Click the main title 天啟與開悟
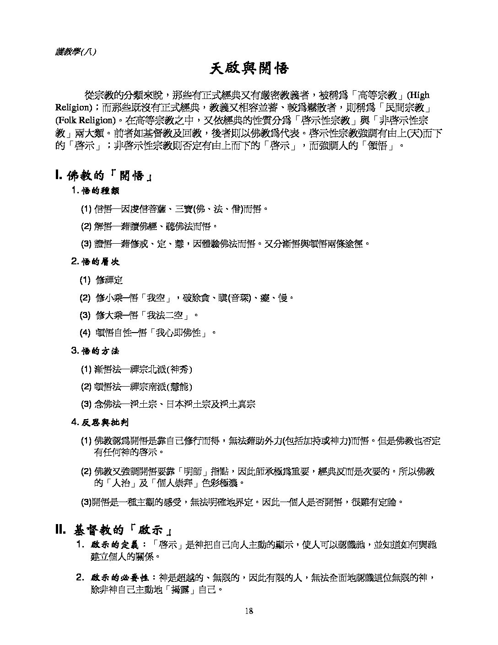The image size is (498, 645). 249,69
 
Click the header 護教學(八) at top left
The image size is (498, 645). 76,52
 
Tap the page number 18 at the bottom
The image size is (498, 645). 249,611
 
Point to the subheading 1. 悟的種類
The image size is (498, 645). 96,191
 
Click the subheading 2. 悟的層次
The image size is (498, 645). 96,262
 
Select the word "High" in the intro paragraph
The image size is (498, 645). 419,95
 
